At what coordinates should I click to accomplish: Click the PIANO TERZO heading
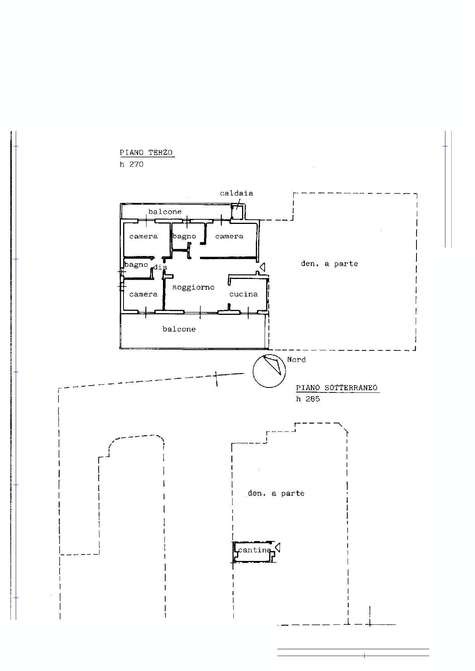(x=146, y=152)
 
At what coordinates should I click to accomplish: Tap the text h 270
(x=132, y=164)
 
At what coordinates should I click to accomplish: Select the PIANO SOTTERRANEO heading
(x=337, y=387)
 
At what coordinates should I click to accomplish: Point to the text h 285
(x=308, y=399)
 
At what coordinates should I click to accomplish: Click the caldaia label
(x=236, y=193)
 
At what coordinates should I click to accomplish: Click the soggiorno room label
(x=193, y=287)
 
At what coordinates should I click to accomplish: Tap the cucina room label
(x=244, y=294)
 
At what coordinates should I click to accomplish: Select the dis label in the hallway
(x=160, y=267)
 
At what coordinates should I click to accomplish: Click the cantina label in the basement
(x=254, y=550)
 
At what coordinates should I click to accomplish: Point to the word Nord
(x=296, y=360)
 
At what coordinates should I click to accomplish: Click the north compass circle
(x=269, y=355)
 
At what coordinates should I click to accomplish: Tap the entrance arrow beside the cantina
(x=278, y=548)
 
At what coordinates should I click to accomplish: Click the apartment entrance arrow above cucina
(x=262, y=267)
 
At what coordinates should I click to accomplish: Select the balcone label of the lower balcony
(x=179, y=329)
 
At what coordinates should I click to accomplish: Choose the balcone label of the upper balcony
(x=165, y=212)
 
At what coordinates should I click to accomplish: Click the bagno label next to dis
(x=136, y=265)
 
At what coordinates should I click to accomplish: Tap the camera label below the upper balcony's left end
(x=143, y=236)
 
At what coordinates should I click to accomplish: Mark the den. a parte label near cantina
(x=276, y=493)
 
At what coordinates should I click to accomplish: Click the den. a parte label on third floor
(x=329, y=264)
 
